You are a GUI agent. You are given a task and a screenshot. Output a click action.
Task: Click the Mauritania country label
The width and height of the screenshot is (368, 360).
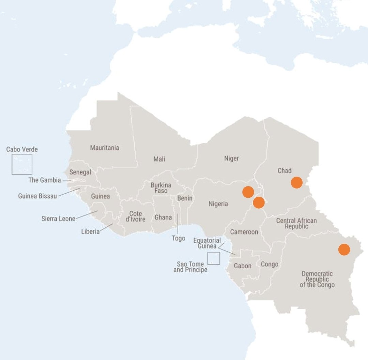click(x=105, y=148)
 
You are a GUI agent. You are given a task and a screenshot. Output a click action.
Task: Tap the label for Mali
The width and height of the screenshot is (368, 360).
click(x=159, y=159)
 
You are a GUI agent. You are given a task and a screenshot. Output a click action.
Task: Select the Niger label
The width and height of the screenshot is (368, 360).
click(x=231, y=158)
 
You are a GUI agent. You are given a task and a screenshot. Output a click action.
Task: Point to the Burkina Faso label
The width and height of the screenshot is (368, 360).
click(x=161, y=188)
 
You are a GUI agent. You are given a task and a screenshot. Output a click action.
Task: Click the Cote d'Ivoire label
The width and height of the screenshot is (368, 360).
click(x=135, y=216)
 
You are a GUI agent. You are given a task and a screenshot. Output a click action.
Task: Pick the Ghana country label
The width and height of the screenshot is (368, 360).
click(x=163, y=217)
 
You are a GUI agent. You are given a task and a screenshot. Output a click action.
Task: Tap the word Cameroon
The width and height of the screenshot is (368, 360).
click(x=244, y=232)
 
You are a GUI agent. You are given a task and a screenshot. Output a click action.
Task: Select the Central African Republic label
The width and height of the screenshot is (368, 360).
click(x=296, y=223)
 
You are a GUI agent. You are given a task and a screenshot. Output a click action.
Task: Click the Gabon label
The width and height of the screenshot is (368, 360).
click(x=243, y=266)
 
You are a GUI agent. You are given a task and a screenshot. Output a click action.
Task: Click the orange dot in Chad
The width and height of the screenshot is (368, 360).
click(x=296, y=182)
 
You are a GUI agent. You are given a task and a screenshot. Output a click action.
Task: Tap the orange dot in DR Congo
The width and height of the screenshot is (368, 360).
click(x=344, y=250)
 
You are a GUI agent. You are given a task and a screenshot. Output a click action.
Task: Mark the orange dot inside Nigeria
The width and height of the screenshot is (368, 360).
click(x=248, y=192)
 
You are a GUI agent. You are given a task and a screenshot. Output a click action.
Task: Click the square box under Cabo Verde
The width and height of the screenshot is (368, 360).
click(x=22, y=164)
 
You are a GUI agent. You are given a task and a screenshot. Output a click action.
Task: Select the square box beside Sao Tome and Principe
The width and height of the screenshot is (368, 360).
click(x=214, y=258)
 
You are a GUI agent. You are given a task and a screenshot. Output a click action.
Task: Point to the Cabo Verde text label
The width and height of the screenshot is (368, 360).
click(x=22, y=149)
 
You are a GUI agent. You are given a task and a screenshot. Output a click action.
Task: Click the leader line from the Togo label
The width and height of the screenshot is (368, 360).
click(x=178, y=223)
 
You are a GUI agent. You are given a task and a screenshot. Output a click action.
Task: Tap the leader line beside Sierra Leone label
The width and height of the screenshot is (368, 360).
click(x=87, y=215)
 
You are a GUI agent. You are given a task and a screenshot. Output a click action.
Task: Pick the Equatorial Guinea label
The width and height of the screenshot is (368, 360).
click(x=207, y=243)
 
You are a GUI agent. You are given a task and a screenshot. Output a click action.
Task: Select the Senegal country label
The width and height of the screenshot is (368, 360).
click(x=80, y=172)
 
